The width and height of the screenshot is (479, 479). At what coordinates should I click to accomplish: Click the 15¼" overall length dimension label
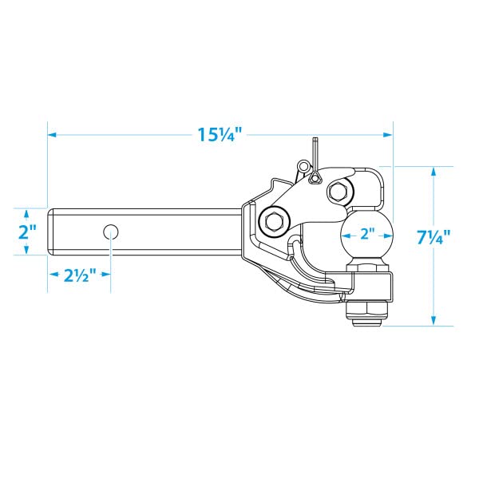tap(220, 134)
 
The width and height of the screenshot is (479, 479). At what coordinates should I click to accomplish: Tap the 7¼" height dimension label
tap(433, 236)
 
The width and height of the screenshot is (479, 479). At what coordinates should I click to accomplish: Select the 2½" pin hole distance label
tap(80, 275)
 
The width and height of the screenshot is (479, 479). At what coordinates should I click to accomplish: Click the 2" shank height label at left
tap(27, 232)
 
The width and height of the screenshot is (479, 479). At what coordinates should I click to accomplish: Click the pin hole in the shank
tap(111, 232)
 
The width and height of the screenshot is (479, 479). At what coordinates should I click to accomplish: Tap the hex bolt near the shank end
tap(274, 220)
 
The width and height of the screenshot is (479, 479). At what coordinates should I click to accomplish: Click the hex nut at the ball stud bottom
tap(367, 312)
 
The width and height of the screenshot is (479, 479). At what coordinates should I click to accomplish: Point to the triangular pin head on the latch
tap(315, 178)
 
